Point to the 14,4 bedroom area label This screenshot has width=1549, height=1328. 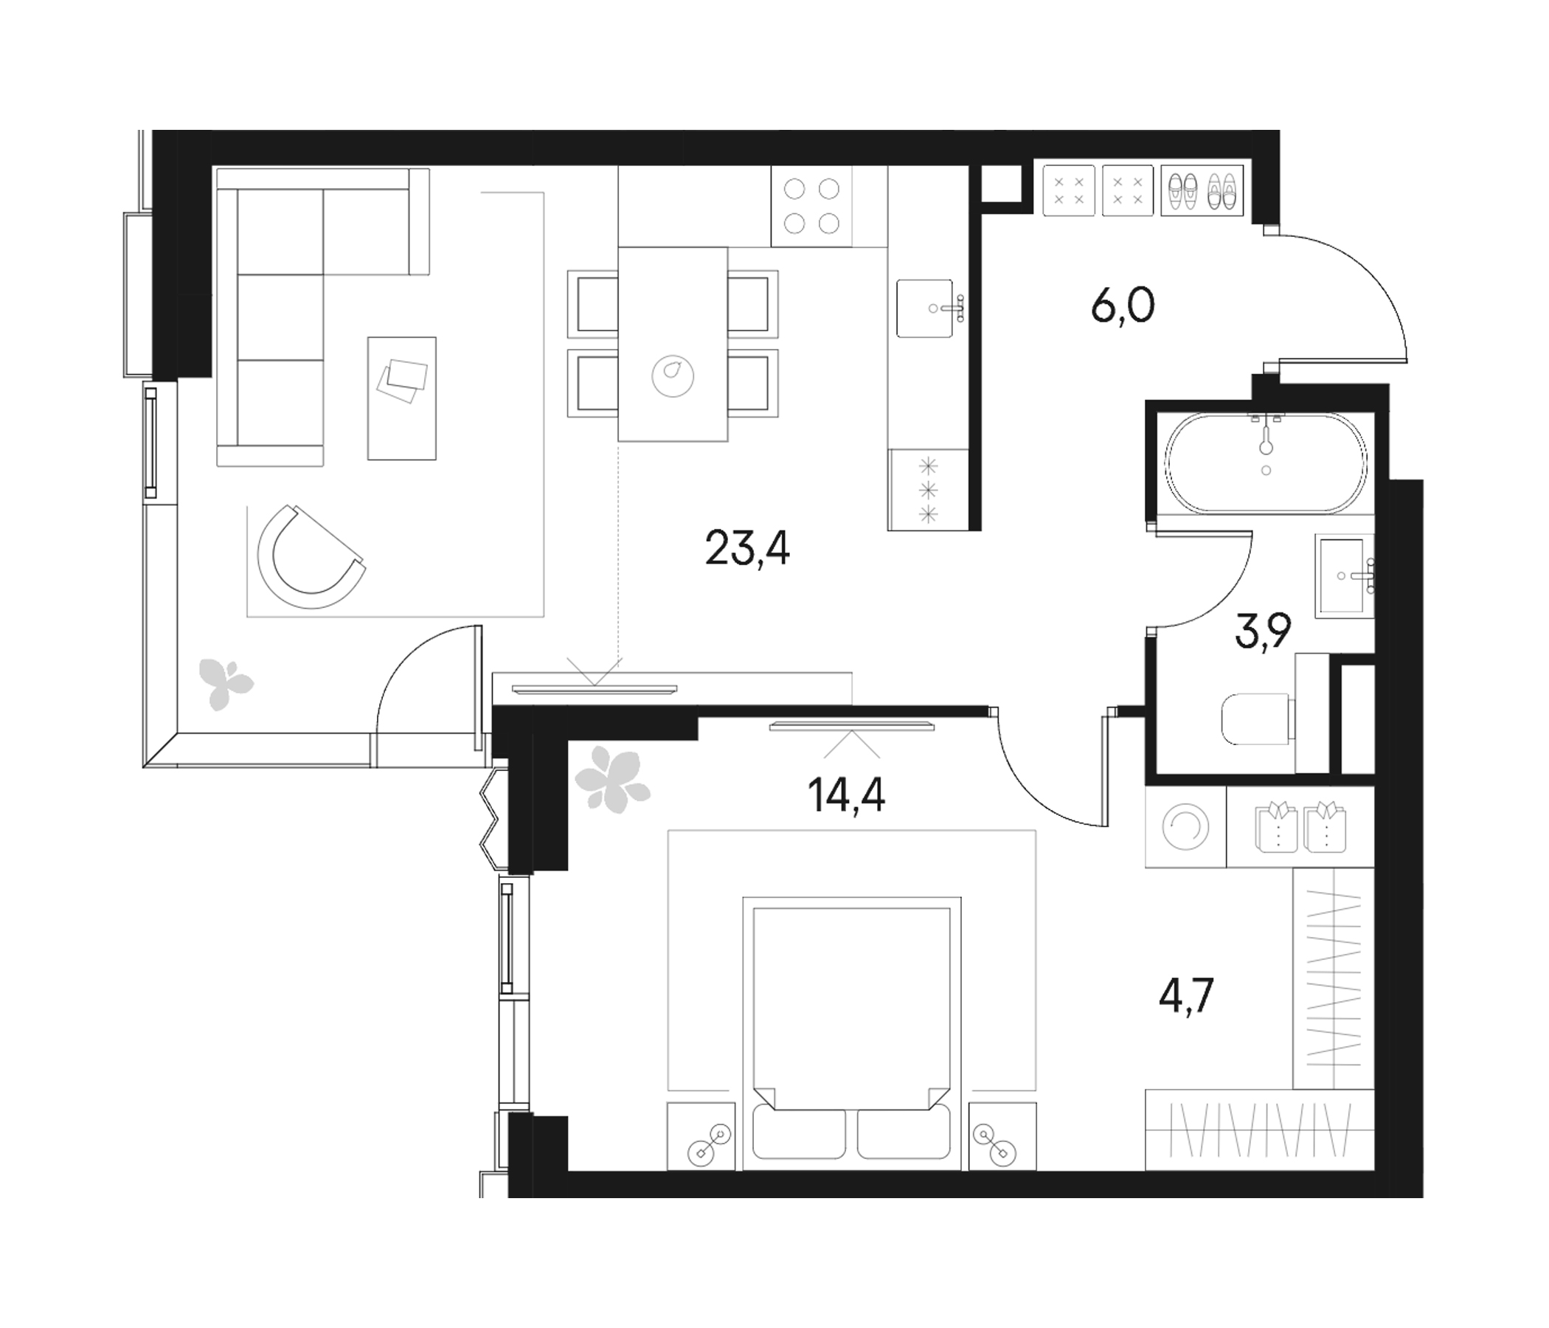click(x=846, y=795)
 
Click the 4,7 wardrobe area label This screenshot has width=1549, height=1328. click(x=1185, y=996)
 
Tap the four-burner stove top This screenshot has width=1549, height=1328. click(x=811, y=207)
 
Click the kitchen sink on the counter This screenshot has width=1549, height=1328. click(x=926, y=309)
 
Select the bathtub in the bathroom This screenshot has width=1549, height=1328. click(x=1266, y=463)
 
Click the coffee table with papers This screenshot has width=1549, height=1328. click(x=401, y=398)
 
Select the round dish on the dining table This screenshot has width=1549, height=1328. click(x=672, y=375)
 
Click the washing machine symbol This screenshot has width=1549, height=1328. click(x=1185, y=827)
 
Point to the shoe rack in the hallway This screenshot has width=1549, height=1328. click(x=1202, y=191)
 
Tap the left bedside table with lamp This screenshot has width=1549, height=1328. click(x=701, y=1135)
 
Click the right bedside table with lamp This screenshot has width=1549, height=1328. click(x=1002, y=1135)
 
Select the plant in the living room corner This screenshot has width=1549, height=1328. click(x=225, y=682)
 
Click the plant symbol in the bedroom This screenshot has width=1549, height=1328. click(x=611, y=781)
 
